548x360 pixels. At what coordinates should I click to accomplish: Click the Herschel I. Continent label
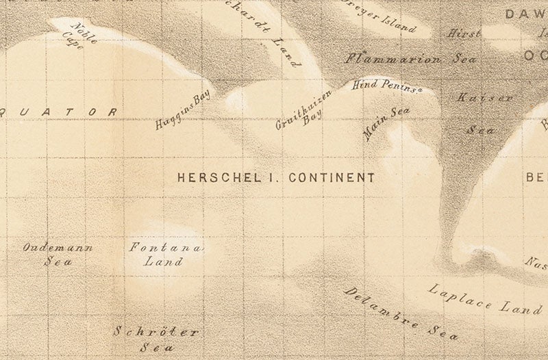click(x=276, y=177)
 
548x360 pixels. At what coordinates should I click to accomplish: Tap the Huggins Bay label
click(x=182, y=110)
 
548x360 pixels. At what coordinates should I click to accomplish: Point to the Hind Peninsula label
click(x=387, y=86)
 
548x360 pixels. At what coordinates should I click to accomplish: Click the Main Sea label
click(x=386, y=124)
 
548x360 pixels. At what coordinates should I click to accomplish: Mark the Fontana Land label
click(x=165, y=254)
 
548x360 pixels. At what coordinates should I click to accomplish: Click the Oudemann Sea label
click(x=58, y=254)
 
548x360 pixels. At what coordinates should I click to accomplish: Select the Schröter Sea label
click(x=157, y=339)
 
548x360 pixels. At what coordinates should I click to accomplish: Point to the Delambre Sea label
click(x=401, y=313)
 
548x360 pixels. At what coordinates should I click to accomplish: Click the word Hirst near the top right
click(x=464, y=34)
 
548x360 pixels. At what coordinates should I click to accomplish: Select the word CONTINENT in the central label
click(x=332, y=177)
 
